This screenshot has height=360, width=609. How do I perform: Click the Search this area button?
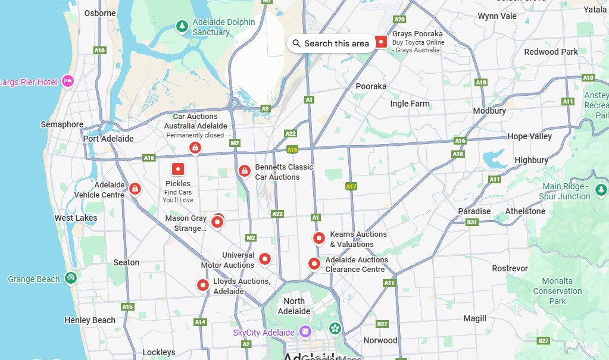pyautogui.click(x=331, y=43)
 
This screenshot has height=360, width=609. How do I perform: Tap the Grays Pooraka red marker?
pyautogui.click(x=381, y=42)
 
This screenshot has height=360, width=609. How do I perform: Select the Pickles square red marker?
pyautogui.click(x=177, y=169)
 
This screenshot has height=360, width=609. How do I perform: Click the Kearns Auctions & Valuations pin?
pyautogui.click(x=319, y=238)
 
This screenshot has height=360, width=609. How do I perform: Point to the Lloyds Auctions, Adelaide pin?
pyautogui.click(x=203, y=286)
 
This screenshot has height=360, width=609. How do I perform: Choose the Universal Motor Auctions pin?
pyautogui.click(x=265, y=259)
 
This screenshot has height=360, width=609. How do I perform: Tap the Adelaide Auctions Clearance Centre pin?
pyautogui.click(x=314, y=263)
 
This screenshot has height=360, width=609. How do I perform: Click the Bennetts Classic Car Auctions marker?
pyautogui.click(x=244, y=171)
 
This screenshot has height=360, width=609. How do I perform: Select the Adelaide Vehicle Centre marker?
pyautogui.click(x=135, y=189)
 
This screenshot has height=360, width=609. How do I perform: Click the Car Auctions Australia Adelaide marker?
pyautogui.click(x=195, y=148)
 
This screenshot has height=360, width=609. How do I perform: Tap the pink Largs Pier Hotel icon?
pyautogui.click(x=67, y=81)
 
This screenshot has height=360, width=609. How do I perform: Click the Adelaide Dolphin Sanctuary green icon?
pyautogui.click(x=182, y=26)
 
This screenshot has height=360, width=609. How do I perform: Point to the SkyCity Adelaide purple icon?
pyautogui.click(x=305, y=331)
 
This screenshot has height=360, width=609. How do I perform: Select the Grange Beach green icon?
pyautogui.click(x=70, y=278)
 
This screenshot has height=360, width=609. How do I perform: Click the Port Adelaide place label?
pyautogui.click(x=108, y=139)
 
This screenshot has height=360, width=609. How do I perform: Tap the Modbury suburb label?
pyautogui.click(x=489, y=111)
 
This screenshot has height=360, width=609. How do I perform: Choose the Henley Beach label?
pyautogui.click(x=90, y=320)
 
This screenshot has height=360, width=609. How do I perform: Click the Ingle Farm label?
pyautogui.click(x=410, y=104)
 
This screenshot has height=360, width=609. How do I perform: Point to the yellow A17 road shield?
pyautogui.click(x=351, y=186)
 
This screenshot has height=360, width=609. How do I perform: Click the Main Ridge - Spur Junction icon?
pyautogui.click(x=601, y=190)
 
